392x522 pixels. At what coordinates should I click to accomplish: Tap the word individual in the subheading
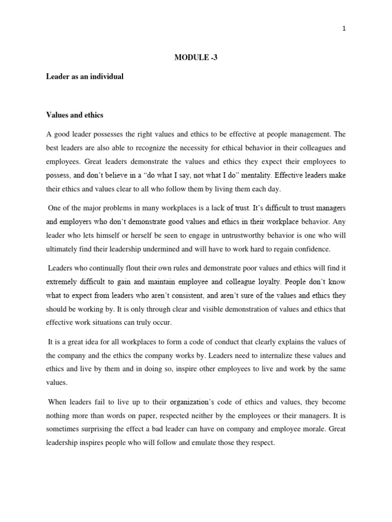tap(106, 76)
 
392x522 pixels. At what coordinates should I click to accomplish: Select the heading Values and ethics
tap(75, 115)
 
